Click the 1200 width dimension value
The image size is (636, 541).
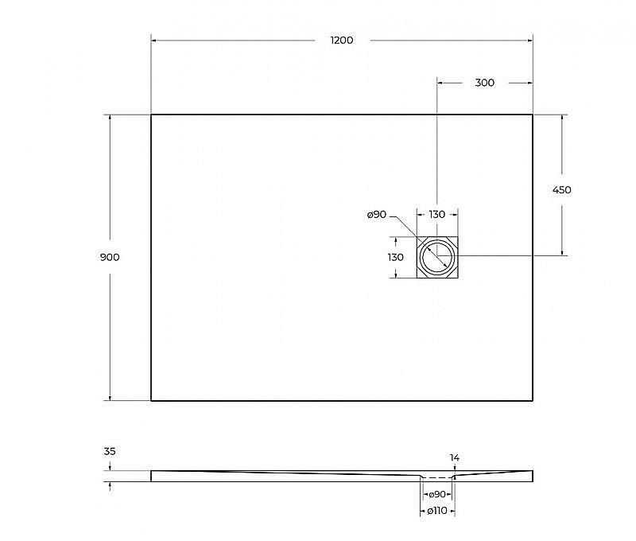click(x=342, y=41)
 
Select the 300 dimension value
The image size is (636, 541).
click(x=484, y=83)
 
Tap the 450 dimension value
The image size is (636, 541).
click(x=562, y=190)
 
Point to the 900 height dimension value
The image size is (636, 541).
click(x=110, y=257)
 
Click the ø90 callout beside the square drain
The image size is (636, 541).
click(x=376, y=215)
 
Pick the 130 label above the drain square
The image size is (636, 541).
click(x=437, y=215)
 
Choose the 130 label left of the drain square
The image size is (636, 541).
click(x=395, y=257)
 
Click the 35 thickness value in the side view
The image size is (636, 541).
click(x=110, y=451)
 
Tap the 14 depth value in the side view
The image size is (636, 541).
click(x=454, y=457)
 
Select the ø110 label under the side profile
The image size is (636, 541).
click(x=436, y=511)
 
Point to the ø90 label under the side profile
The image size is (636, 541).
click(x=436, y=495)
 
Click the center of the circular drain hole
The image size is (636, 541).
click(x=437, y=257)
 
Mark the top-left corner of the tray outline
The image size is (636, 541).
click(x=151, y=115)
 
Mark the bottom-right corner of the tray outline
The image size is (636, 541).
click(x=533, y=401)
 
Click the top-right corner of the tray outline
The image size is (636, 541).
click(x=533, y=115)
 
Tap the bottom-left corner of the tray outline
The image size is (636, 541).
click(x=151, y=401)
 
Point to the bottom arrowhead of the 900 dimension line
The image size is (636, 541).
click(x=110, y=398)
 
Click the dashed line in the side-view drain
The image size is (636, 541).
click(x=436, y=477)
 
